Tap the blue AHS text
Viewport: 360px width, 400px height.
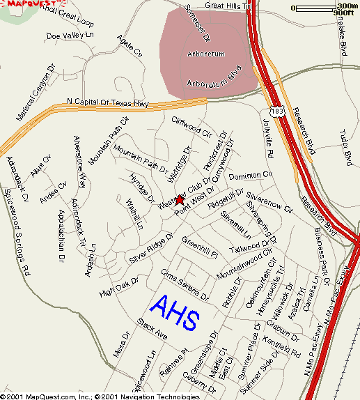(175, 313)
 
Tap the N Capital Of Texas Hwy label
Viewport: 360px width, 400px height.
(108, 104)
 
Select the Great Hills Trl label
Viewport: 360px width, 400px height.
(227, 6)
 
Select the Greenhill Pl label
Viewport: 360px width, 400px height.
(200, 245)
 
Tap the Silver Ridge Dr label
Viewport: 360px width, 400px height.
(150, 250)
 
